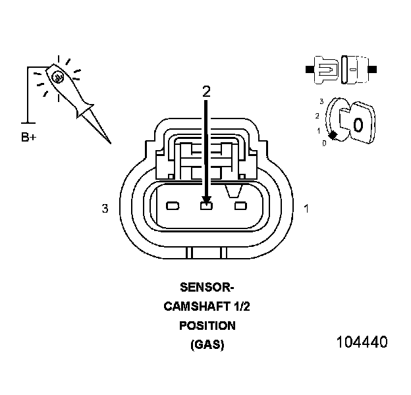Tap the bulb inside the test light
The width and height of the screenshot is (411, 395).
58,77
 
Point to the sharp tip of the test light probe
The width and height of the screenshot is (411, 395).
109,142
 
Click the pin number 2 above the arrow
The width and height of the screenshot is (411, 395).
206,92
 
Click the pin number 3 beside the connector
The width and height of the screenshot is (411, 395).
105,209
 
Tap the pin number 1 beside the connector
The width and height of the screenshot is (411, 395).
306,209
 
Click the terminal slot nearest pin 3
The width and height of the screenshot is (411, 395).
173,207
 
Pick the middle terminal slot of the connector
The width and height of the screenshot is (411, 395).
206,207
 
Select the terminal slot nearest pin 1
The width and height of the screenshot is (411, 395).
240,207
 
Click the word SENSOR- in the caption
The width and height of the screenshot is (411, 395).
207,287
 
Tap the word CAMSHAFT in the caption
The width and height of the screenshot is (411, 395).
192,306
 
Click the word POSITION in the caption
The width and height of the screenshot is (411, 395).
207,325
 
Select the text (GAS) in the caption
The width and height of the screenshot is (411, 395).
207,344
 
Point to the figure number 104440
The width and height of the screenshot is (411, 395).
362,342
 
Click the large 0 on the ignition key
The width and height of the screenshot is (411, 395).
358,124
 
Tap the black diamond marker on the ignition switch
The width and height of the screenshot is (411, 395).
333,135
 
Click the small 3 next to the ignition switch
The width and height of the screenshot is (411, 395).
321,101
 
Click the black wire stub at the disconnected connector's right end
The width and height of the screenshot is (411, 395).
373,68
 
